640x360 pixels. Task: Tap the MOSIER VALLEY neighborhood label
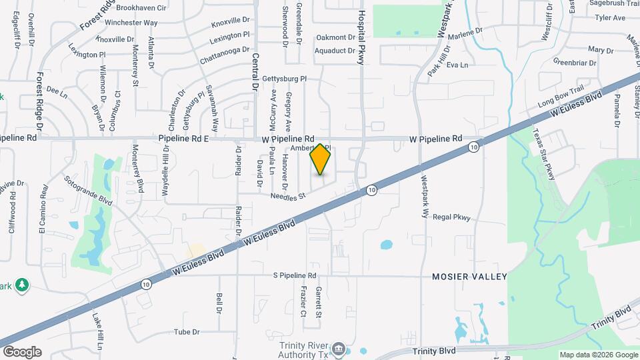tap(469, 276)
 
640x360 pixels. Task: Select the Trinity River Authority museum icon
tap(339, 348)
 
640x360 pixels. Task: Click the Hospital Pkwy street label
tap(363, 33)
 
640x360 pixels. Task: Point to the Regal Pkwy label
tap(452, 217)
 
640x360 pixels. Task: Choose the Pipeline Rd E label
tap(184, 138)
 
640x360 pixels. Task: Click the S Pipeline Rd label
tap(294, 275)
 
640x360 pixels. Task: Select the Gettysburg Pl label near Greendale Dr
tap(284, 79)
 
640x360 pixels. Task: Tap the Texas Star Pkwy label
tap(543, 153)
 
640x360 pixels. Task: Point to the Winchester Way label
tap(136, 22)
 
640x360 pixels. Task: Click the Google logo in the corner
tap(21, 351)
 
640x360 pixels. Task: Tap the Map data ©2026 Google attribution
tap(598, 354)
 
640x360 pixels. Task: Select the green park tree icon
tap(22, 285)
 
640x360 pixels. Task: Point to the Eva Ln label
tap(457, 65)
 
